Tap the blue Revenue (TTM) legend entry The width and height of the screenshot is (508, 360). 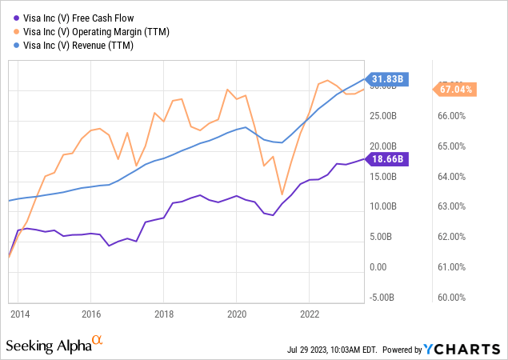pyautogui.click(x=80, y=46)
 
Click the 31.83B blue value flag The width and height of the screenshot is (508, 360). pyautogui.click(x=388, y=78)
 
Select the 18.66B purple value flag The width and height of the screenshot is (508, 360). pyautogui.click(x=388, y=159)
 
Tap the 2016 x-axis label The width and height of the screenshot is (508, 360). pyautogui.click(x=91, y=314)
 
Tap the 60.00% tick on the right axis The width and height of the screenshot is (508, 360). pyautogui.click(x=454, y=298)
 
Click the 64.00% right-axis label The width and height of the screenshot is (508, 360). pyautogui.click(x=454, y=177)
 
